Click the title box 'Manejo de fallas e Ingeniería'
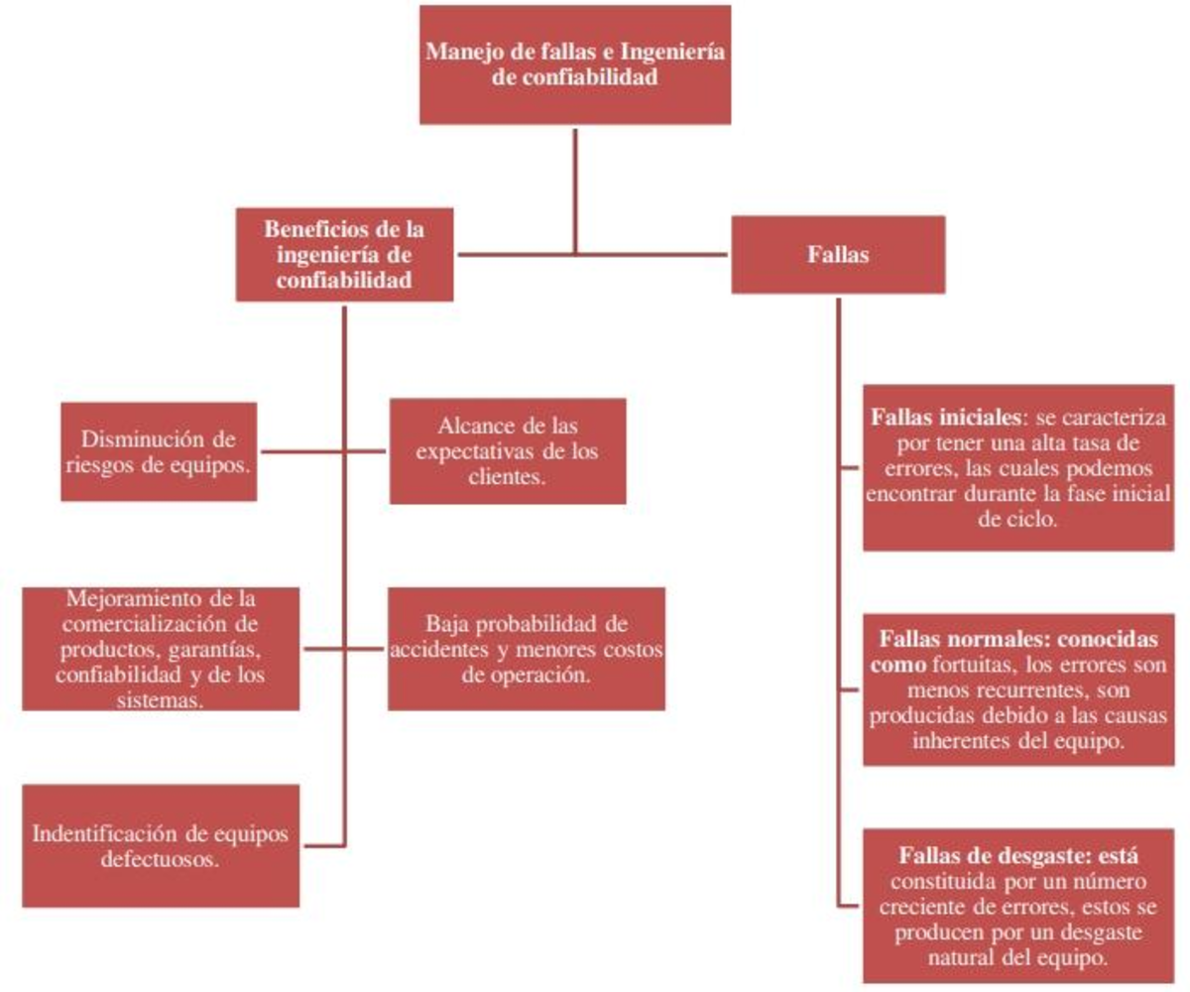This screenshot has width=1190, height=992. pyautogui.click(x=575, y=64)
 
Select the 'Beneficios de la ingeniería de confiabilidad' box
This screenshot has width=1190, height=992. pyautogui.click(x=345, y=254)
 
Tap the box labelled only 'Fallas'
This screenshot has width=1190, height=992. pyautogui.click(x=838, y=254)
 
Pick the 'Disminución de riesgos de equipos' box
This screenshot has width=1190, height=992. pyautogui.click(x=159, y=451)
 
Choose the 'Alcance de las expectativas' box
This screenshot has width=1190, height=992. pyautogui.click(x=508, y=451)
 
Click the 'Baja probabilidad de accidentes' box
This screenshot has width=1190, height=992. pyautogui.click(x=527, y=649)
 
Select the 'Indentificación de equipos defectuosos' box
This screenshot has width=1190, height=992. pyautogui.click(x=161, y=846)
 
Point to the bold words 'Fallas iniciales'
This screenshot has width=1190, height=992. pyautogui.click(x=946, y=418)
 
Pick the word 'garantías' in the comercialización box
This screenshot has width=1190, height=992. pyautogui.click(x=215, y=650)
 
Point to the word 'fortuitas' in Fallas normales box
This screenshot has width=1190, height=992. pyautogui.click(x=975, y=665)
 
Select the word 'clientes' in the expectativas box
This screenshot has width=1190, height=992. pyautogui.click(x=507, y=476)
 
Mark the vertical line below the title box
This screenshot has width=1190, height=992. pyautogui.click(x=575, y=191)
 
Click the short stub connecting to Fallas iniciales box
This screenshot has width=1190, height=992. pyautogui.click(x=849, y=467)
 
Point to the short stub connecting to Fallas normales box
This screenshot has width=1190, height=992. pyautogui.click(x=849, y=689)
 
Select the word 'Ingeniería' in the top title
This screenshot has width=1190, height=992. pyautogui.click(x=672, y=53)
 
